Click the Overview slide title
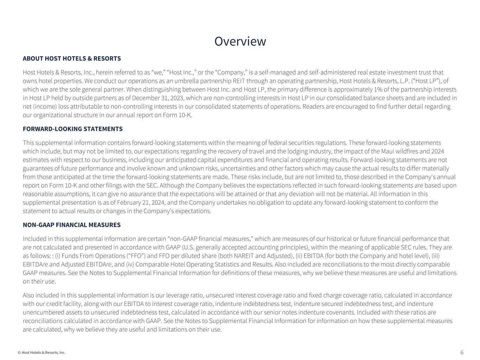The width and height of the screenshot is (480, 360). pos(240,41)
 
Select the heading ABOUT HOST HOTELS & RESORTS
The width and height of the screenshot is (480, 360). pos(72,58)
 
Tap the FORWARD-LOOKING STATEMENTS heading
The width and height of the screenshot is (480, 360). pos(73,129)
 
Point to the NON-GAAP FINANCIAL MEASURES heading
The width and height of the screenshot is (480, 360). pos(72,225)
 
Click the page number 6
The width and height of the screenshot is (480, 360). pos(462,352)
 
